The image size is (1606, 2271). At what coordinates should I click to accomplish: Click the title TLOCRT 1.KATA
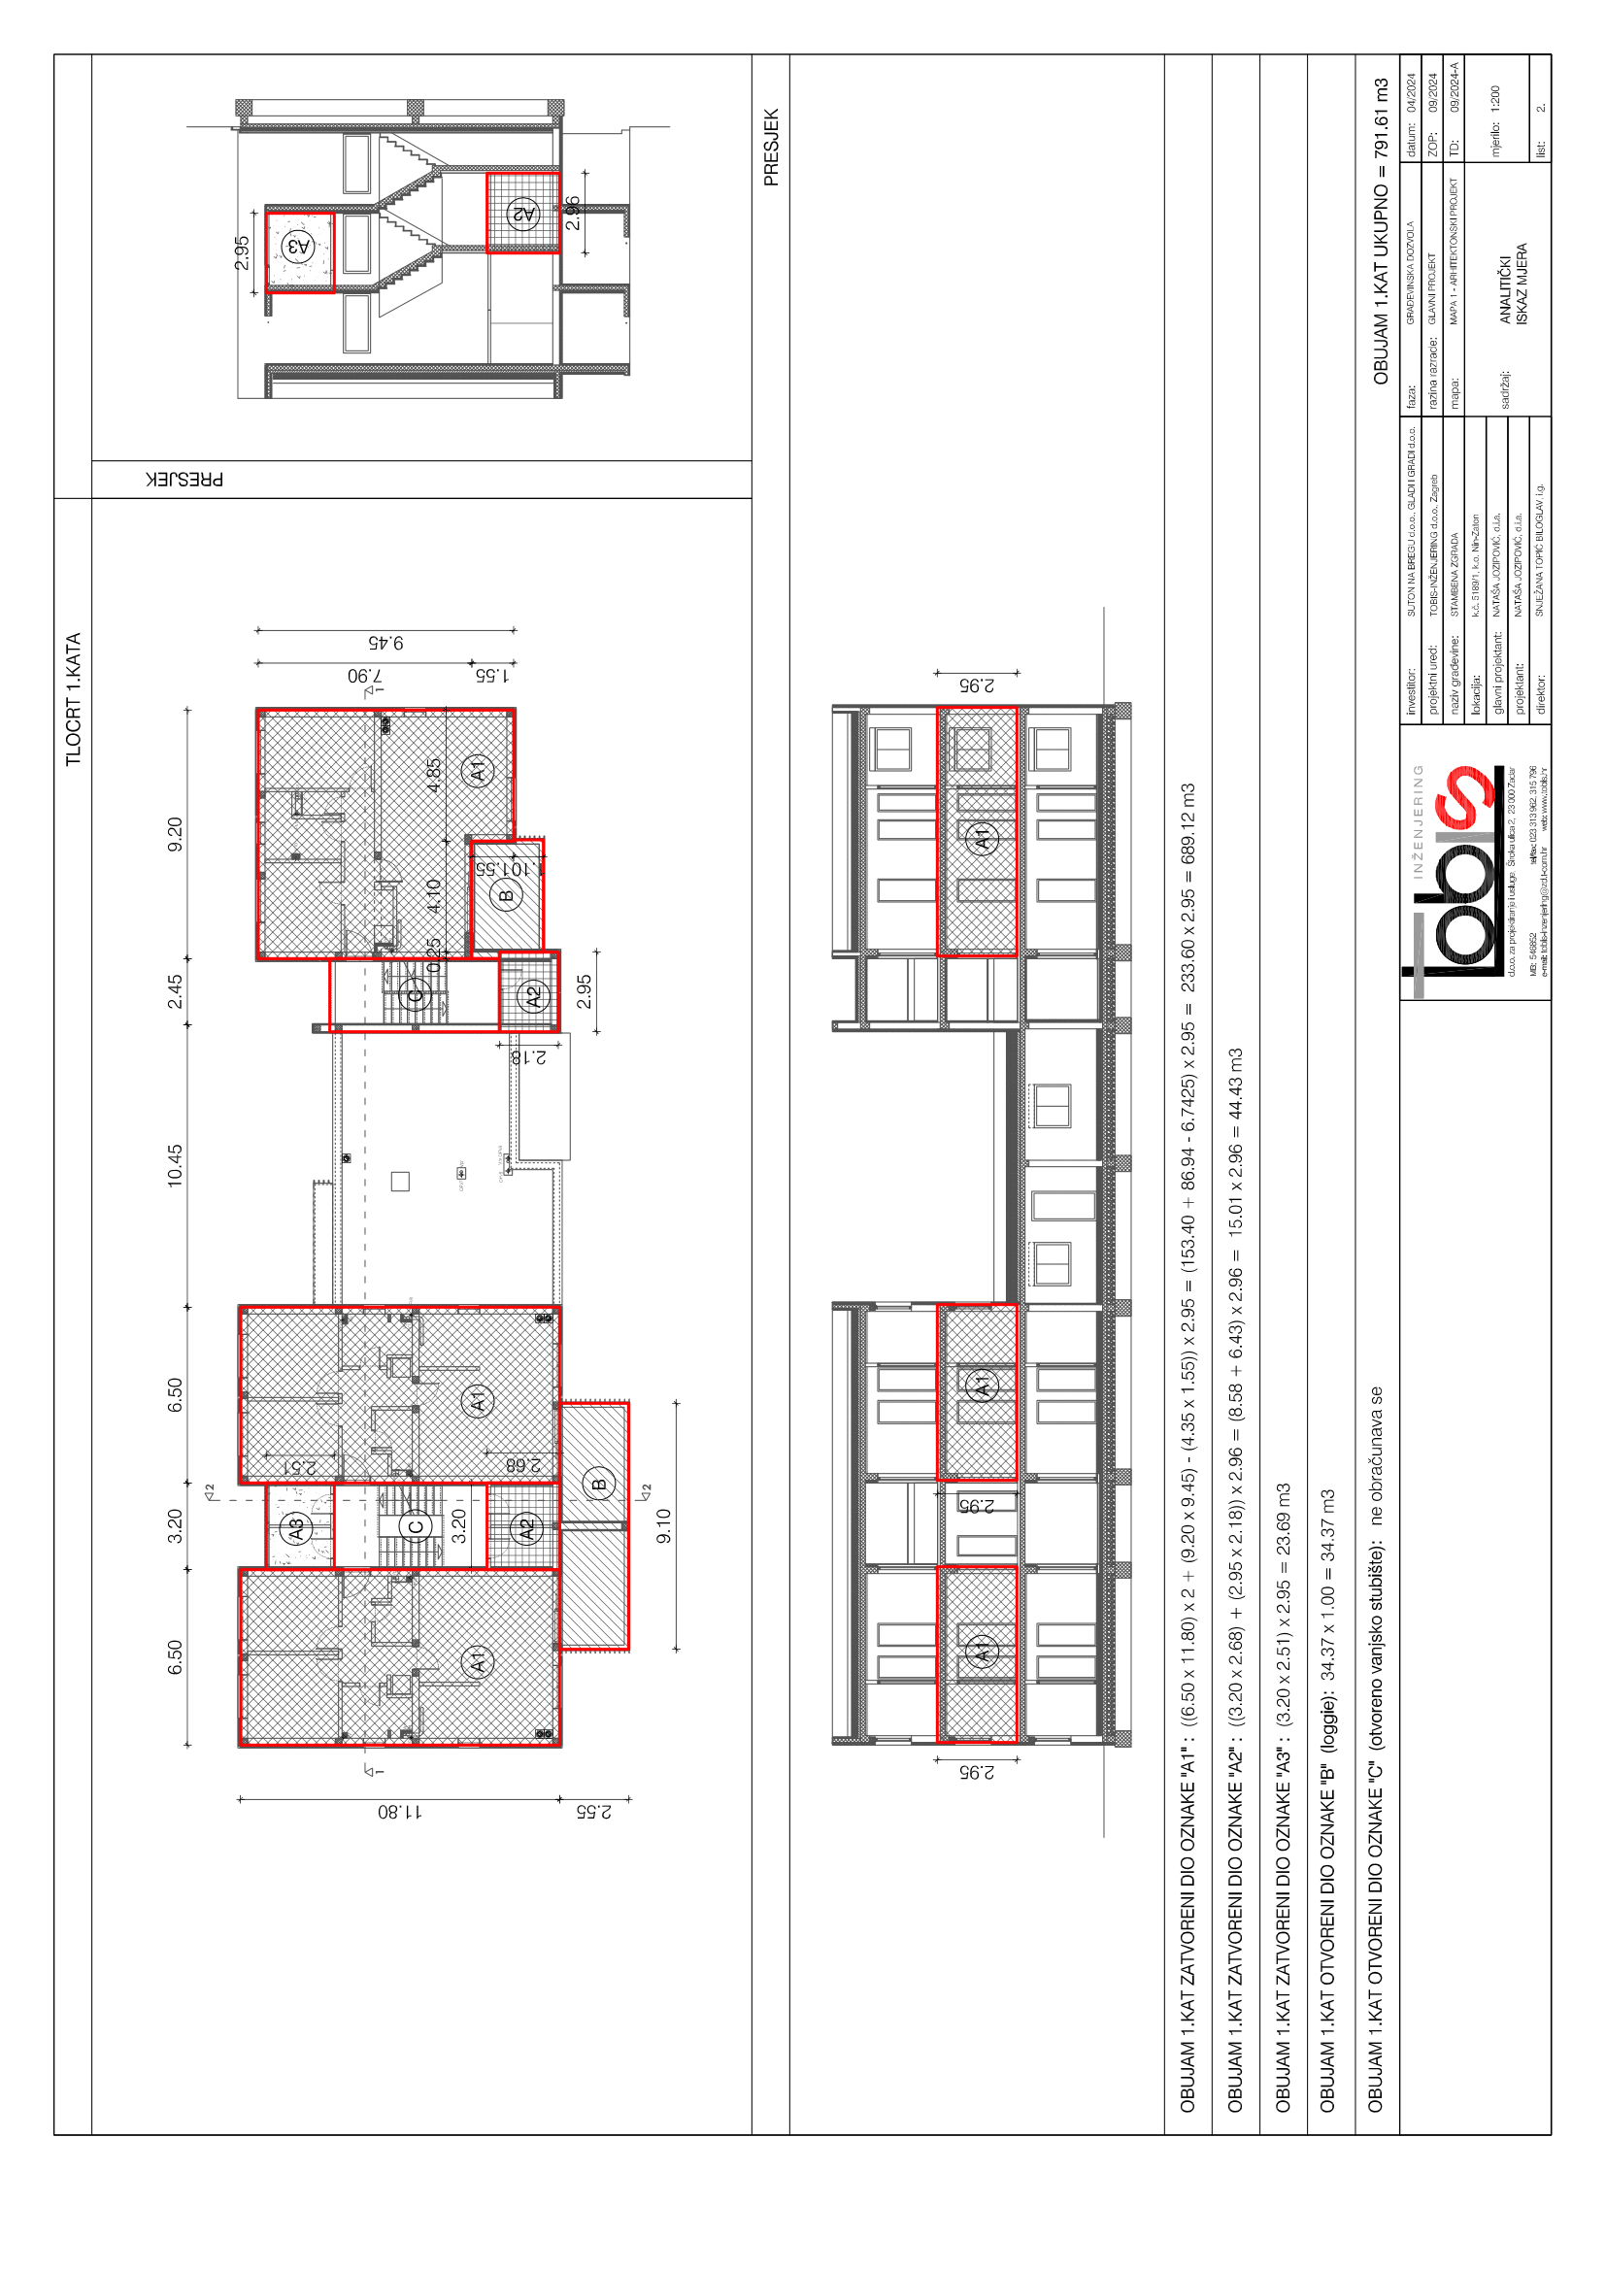[73, 698]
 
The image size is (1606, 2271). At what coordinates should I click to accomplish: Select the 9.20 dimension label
[175, 834]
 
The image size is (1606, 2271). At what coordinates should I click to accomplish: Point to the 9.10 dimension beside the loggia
[663, 1525]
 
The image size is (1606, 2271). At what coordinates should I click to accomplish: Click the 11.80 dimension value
[399, 1812]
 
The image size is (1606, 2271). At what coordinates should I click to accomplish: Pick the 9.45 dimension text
[385, 643]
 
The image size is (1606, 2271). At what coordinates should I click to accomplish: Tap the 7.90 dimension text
[366, 676]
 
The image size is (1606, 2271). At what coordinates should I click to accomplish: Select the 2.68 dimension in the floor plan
[523, 1464]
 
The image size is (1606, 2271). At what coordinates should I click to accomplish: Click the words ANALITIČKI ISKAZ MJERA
[1513, 284]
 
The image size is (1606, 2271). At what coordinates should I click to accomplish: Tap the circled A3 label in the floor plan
[296, 1527]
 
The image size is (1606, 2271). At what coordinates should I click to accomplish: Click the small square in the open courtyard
[400, 1181]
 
